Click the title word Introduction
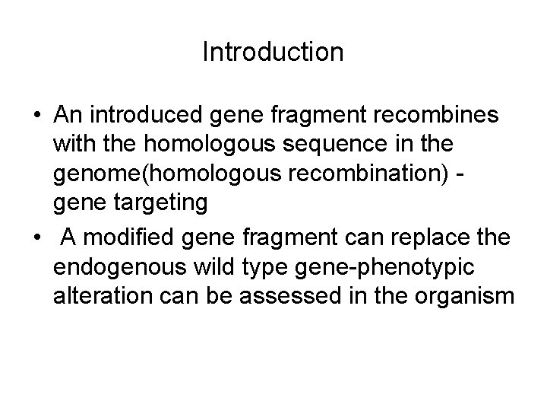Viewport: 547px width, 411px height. [273, 52]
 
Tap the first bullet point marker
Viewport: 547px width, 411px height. [37, 115]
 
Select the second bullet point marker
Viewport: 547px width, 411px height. [37, 239]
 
